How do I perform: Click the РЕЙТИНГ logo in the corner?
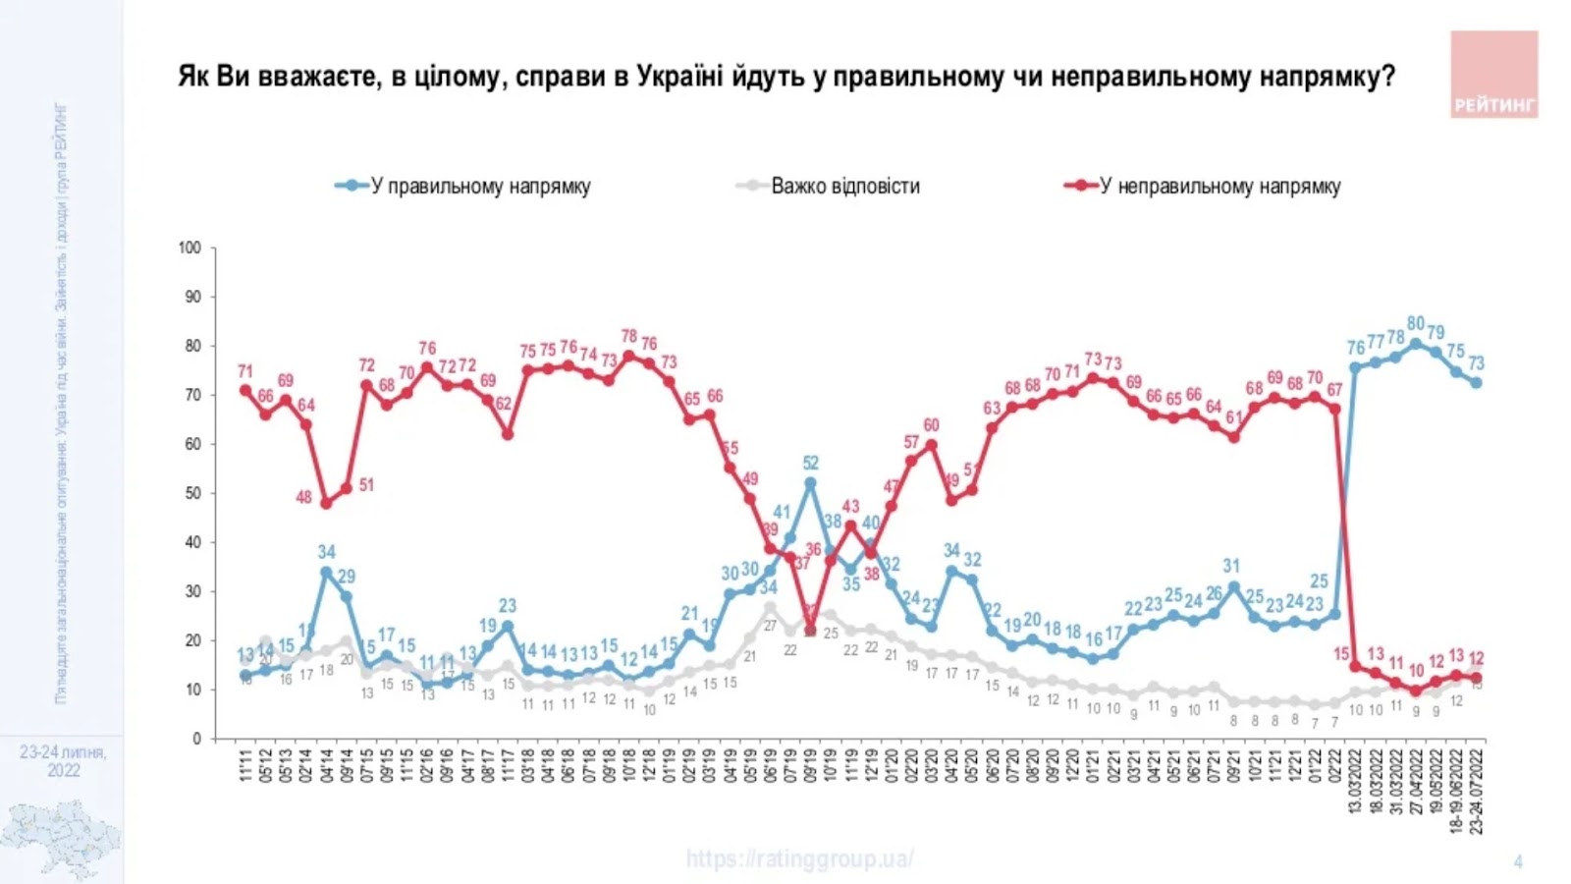coord(1493,75)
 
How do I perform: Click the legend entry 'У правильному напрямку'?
coord(479,187)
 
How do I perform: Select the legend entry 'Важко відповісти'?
coord(844,187)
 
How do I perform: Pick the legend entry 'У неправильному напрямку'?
coord(1219,187)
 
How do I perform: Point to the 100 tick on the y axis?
coord(190,248)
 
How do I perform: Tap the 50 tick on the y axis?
coord(192,493)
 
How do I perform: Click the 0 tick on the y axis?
coord(196,739)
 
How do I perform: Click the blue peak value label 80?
coord(1415,323)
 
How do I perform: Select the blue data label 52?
coord(810,463)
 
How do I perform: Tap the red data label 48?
coord(303,497)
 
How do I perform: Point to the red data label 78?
coord(628,337)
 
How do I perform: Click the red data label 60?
coord(931,425)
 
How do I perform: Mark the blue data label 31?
coord(1231,566)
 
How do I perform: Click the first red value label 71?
coord(244,371)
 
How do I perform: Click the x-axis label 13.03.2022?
coord(1355,781)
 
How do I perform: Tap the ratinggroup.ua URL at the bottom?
coord(799,859)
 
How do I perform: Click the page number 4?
coord(1518,862)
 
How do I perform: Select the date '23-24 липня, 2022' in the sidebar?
coord(63,761)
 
